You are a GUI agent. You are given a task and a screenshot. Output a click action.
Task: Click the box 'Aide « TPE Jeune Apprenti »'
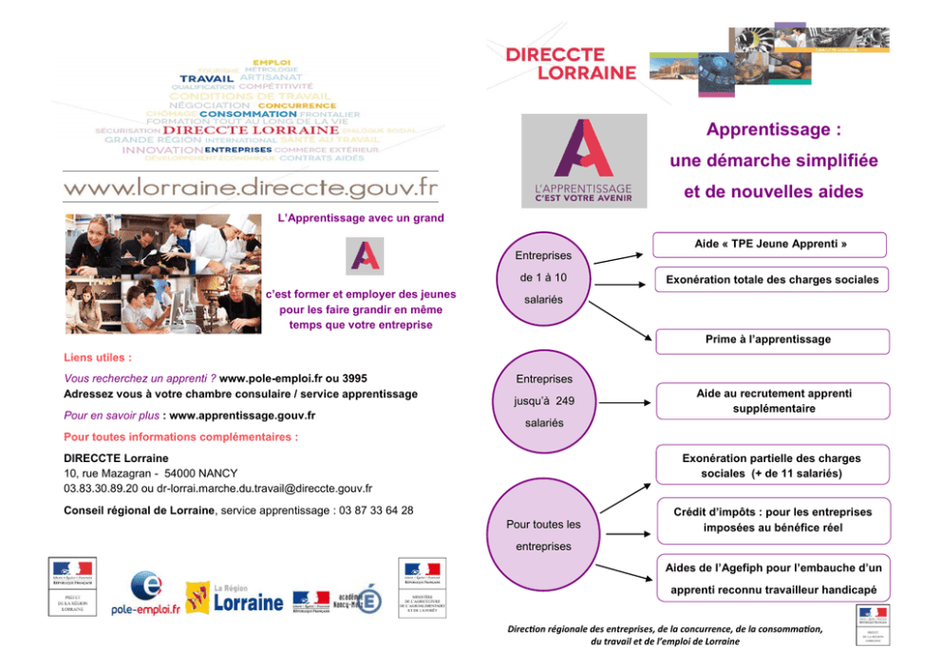coord(770,245)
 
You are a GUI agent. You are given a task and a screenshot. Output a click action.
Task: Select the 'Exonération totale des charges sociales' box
coord(770,280)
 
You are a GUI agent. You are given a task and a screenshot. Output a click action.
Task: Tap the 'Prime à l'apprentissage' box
coord(770,340)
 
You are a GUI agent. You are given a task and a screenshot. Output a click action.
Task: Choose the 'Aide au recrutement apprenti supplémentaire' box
coord(770,401)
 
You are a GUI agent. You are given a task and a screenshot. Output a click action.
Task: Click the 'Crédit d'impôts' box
coord(770,520)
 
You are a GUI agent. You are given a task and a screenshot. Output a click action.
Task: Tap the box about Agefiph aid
coord(770,579)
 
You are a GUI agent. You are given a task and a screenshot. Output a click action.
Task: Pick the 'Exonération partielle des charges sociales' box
coord(770,466)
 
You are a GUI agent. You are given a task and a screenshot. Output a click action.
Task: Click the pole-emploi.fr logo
coord(145,596)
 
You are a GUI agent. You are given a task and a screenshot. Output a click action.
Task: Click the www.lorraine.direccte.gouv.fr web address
coord(251,187)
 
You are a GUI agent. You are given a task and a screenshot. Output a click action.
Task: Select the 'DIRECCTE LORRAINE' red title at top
coord(570,64)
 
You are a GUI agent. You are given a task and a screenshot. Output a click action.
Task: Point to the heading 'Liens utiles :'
coord(97,359)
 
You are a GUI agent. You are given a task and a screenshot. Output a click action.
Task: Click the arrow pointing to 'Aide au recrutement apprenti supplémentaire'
coord(626,402)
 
